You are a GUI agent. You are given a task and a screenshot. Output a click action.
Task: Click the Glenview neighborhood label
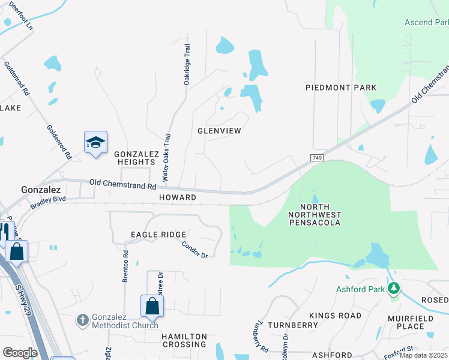219,131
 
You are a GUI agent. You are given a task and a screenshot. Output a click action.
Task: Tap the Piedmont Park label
341,88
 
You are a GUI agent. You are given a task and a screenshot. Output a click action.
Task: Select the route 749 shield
318,157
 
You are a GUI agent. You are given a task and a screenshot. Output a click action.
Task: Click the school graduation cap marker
95,143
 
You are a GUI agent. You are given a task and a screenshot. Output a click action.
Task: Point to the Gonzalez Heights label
136,158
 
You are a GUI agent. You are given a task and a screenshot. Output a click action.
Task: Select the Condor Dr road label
194,250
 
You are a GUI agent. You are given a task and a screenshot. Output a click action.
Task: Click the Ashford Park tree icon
394,289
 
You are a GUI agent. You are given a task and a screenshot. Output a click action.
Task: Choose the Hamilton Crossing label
184,340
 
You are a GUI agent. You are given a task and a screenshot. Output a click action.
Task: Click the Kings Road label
336,316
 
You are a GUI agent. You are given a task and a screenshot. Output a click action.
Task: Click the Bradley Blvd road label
47,202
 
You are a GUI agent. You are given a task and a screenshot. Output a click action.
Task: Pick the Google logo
20,353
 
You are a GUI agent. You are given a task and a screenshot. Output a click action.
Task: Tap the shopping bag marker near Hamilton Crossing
152,306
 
